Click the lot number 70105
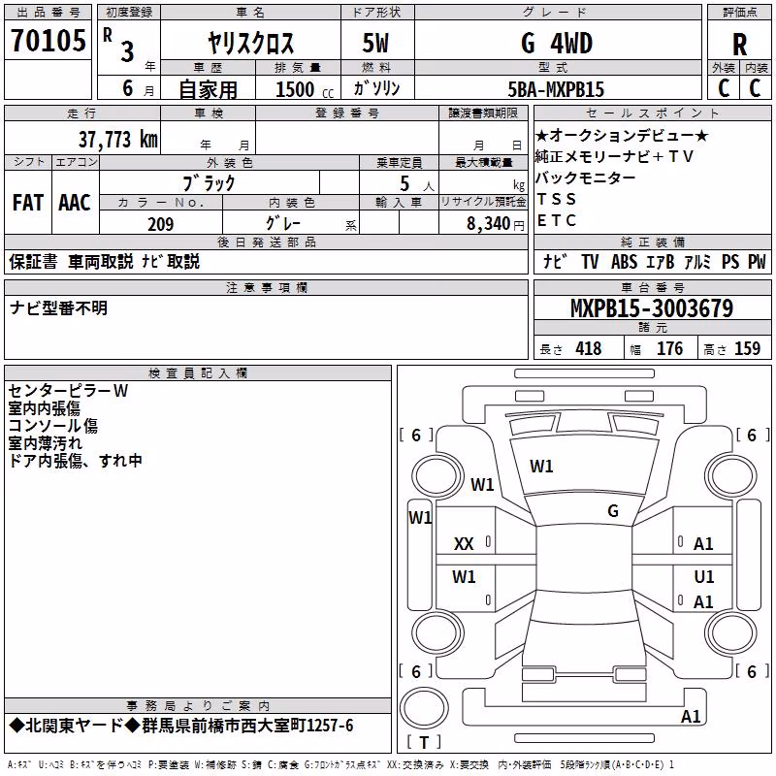(48, 40)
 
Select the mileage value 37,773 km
(118, 140)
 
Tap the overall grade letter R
(739, 45)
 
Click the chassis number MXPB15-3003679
(652, 308)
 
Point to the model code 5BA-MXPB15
(556, 89)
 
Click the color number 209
(161, 224)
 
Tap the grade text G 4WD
(557, 43)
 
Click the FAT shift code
(28, 203)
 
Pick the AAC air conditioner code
(75, 203)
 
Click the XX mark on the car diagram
(464, 544)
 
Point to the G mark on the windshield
(613, 511)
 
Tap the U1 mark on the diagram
(704, 576)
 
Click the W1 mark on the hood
(541, 467)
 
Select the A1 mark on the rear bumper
(691, 716)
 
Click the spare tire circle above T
(424, 708)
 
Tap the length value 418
(589, 348)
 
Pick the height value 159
(747, 348)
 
